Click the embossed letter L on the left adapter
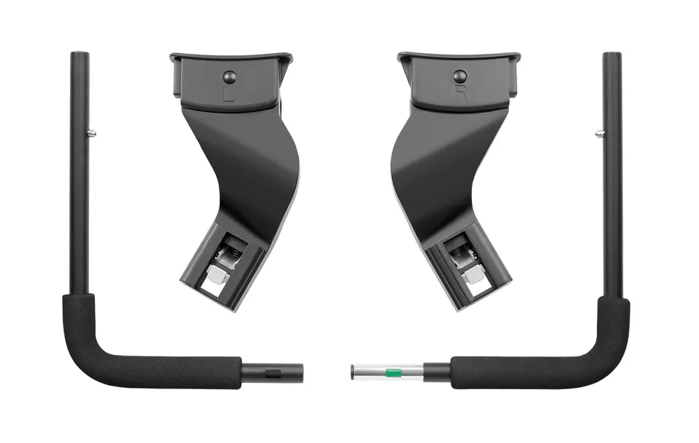(x=229, y=94)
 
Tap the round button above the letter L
(x=229, y=77)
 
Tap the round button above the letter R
(x=460, y=76)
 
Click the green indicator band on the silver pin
(x=393, y=372)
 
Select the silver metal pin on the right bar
(x=387, y=372)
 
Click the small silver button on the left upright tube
(x=92, y=132)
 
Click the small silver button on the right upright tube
(x=600, y=132)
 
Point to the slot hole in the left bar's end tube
(x=273, y=372)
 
